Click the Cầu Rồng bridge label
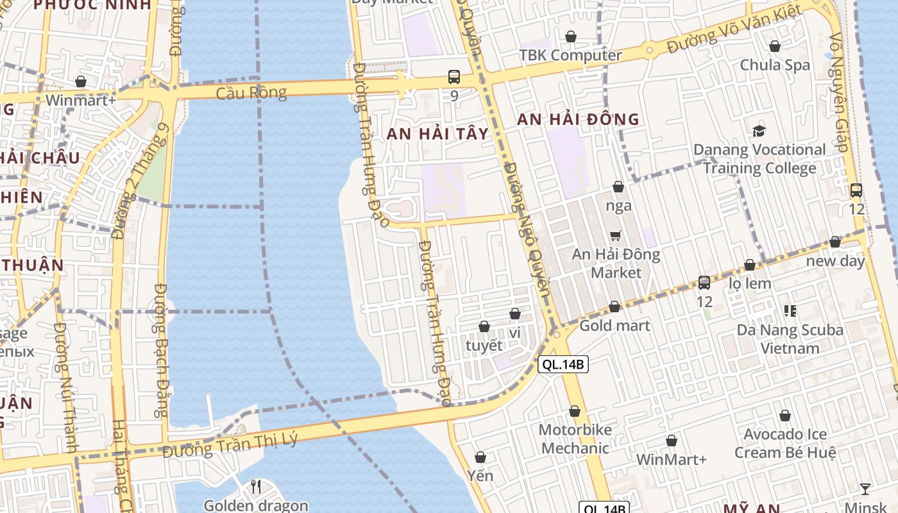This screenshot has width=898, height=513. (x=251, y=93)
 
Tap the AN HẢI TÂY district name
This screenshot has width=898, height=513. (x=437, y=134)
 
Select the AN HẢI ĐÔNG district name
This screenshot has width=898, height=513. (x=578, y=119)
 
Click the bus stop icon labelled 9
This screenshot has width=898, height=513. (x=454, y=78)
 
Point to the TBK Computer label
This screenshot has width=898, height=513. (x=570, y=55)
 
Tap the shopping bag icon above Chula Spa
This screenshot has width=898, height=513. (x=775, y=46)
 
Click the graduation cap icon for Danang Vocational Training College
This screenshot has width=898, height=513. (x=759, y=131)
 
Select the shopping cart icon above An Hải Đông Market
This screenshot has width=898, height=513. (x=616, y=235)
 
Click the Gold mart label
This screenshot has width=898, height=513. (x=614, y=326)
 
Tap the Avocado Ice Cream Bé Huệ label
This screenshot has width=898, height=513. (x=785, y=444)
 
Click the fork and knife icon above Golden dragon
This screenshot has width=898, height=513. (x=256, y=487)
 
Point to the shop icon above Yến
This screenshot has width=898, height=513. (x=480, y=457)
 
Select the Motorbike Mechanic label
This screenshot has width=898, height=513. (x=575, y=439)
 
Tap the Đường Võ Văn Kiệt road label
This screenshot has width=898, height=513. (x=734, y=29)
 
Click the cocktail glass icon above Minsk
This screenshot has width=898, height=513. (x=865, y=489)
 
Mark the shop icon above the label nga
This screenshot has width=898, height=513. (x=618, y=187)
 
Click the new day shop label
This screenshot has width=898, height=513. (x=835, y=262)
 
